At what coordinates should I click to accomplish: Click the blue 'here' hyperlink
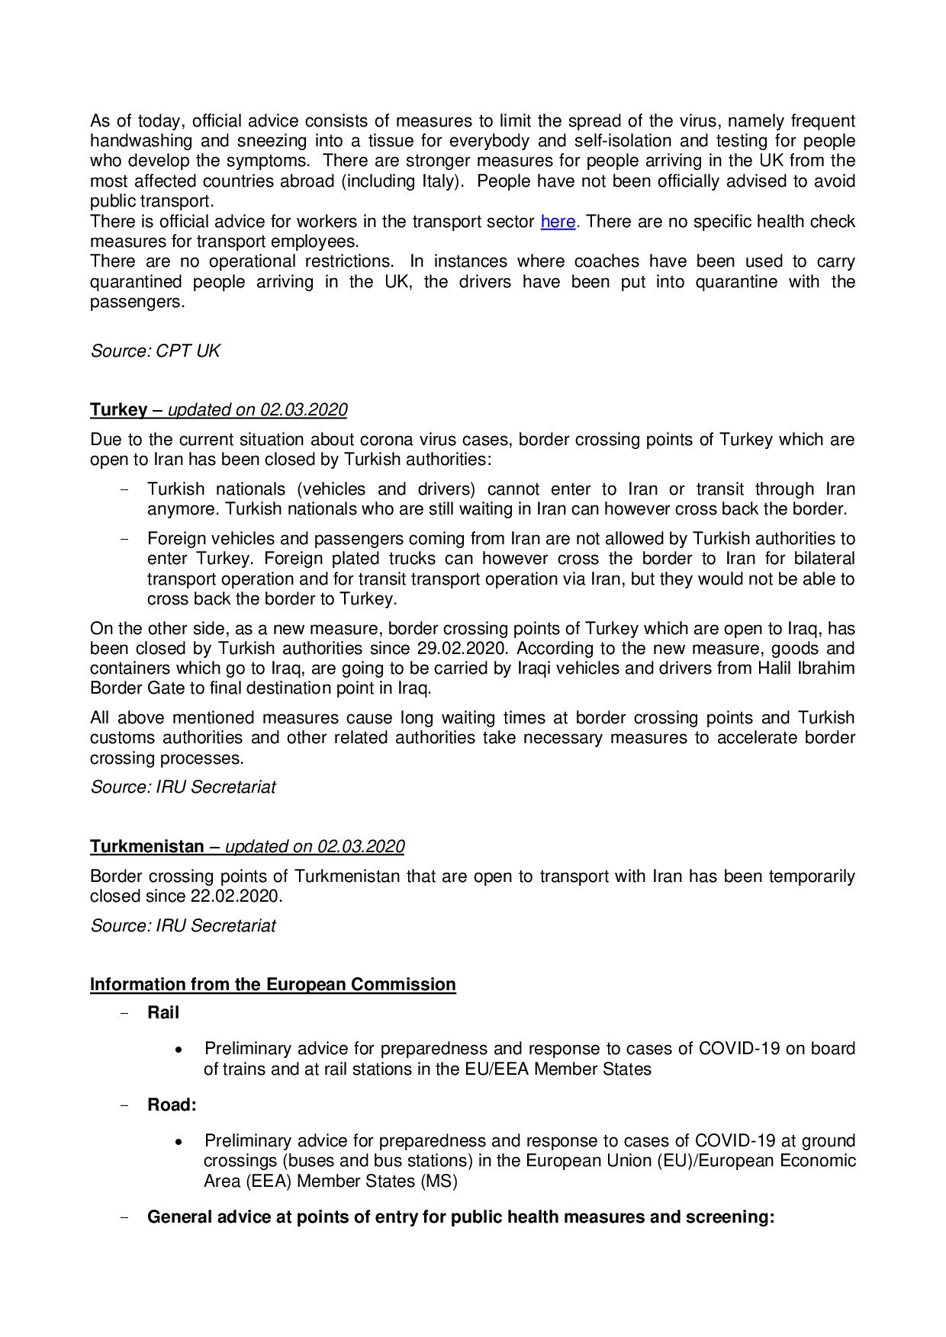click(x=558, y=222)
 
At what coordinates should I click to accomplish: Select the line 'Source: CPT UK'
click(x=155, y=351)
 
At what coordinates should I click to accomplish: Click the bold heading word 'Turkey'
click(x=118, y=410)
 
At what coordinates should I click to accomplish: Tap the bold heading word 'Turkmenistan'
click(x=147, y=847)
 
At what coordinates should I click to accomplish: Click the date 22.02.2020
click(x=235, y=896)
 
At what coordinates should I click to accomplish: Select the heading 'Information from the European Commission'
click(x=272, y=985)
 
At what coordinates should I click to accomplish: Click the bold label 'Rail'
click(x=163, y=1013)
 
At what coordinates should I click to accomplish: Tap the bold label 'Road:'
click(x=172, y=1105)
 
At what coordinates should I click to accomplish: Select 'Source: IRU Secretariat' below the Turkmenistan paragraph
click(x=183, y=926)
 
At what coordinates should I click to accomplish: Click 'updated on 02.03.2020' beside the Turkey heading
click(x=257, y=410)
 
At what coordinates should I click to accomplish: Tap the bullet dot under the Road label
click(x=179, y=1142)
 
